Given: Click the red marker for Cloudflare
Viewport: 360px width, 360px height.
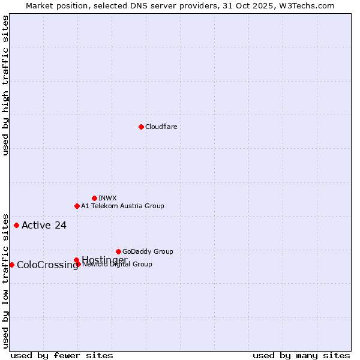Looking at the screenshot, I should pyautogui.click(x=141, y=127).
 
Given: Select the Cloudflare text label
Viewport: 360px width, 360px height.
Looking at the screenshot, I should pyautogui.click(x=161, y=127).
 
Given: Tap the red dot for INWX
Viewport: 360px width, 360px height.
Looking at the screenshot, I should pyautogui.click(x=94, y=198).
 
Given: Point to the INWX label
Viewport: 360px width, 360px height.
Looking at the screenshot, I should pyautogui.click(x=107, y=199).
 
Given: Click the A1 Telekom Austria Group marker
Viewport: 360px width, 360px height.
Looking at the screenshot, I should pyautogui.click(x=77, y=206).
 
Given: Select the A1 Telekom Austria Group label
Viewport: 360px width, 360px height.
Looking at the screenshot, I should pyautogui.click(x=122, y=206).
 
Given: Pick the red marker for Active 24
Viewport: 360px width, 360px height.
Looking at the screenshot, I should pyautogui.click(x=16, y=225).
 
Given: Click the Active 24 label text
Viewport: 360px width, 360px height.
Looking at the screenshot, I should pyautogui.click(x=44, y=226).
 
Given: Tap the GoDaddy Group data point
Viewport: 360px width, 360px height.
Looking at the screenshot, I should pyautogui.click(x=118, y=251).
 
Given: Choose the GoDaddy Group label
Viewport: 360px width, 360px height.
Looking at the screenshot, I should pyautogui.click(x=148, y=252).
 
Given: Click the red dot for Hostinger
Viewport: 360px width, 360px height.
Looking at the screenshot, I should pyautogui.click(x=76, y=260).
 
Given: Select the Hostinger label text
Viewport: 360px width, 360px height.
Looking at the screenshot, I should pyautogui.click(x=104, y=259).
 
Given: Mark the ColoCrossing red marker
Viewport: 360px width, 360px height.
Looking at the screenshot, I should pyautogui.click(x=11, y=265).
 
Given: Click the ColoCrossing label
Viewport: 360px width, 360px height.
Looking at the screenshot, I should pyautogui.click(x=47, y=265).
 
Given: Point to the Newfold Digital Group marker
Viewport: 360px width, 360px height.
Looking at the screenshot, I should pyautogui.click(x=79, y=264).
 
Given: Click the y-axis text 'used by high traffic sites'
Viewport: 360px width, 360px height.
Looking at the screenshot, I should pyautogui.click(x=5, y=85).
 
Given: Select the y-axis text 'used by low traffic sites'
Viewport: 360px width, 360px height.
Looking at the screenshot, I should pyautogui.click(x=5, y=281).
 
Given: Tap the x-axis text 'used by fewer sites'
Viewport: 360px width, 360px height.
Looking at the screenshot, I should pyautogui.click(x=62, y=356).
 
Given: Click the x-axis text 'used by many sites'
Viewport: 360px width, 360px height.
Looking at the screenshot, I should pyautogui.click(x=301, y=356).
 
